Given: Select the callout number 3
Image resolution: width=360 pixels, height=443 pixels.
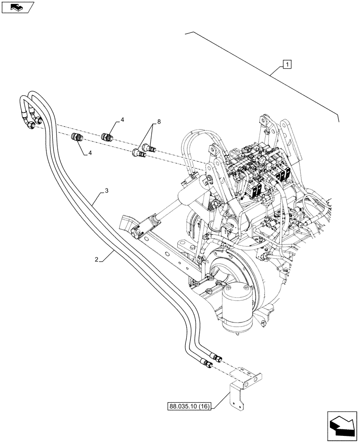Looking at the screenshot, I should click(x=106, y=191).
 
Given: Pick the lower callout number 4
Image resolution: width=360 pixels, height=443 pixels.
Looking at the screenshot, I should click(x=90, y=153).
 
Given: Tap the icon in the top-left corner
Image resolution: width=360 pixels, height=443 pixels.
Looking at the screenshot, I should click(x=17, y=7).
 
